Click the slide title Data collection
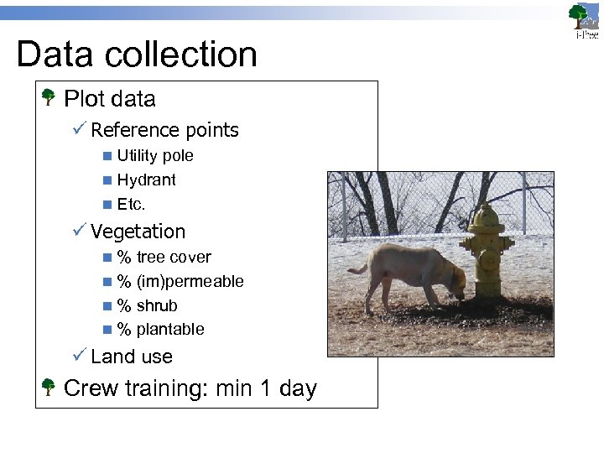coord(137,55)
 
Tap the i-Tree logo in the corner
coord(584,21)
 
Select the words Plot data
coord(109,99)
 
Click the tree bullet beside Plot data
coord(49,98)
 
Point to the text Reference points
coord(164,130)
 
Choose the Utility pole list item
coord(155,156)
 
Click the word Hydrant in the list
coord(147,180)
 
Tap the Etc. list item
coord(132,204)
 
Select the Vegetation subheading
coord(138,232)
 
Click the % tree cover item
coord(164,258)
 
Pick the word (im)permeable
coord(190,282)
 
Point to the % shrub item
coord(147,305)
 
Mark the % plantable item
coord(160,330)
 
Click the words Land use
coord(132,357)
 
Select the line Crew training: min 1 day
coord(190,388)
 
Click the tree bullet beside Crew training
coord(49,388)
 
